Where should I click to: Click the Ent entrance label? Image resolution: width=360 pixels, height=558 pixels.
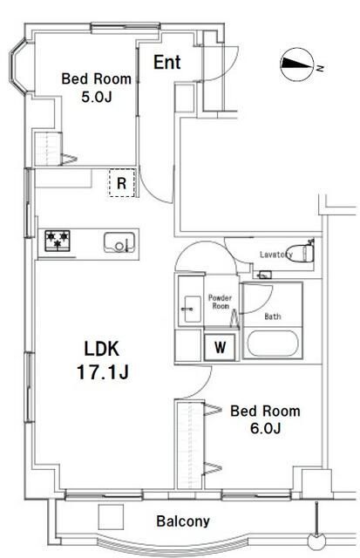click(x=167, y=62)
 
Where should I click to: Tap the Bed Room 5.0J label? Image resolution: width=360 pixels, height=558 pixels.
click(x=97, y=87)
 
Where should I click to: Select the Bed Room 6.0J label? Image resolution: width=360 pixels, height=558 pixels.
click(x=265, y=419)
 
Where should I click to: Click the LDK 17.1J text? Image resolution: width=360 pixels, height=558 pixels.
click(x=102, y=360)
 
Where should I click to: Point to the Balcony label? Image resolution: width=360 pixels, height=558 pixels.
click(x=183, y=521)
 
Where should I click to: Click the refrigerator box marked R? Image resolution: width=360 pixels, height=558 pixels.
click(x=122, y=183)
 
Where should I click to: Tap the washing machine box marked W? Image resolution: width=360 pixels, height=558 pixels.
click(x=220, y=347)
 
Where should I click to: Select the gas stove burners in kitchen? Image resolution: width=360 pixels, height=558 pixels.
click(x=58, y=240)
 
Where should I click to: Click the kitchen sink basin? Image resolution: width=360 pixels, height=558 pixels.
click(x=119, y=242)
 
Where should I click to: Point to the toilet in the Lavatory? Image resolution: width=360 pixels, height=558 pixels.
click(x=302, y=251)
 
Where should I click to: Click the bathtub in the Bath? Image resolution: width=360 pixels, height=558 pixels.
click(x=273, y=343)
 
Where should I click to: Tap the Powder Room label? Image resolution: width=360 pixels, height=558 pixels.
click(x=220, y=302)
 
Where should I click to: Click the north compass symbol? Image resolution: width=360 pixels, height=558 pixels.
click(x=297, y=64)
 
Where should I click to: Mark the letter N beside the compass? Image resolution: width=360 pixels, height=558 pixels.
click(x=320, y=67)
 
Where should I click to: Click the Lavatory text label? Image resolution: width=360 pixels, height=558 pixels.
click(x=276, y=255)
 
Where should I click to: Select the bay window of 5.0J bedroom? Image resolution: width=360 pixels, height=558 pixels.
click(x=17, y=68)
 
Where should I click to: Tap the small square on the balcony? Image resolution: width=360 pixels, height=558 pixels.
click(x=111, y=517)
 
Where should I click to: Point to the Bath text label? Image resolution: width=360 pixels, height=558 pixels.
click(x=273, y=316)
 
